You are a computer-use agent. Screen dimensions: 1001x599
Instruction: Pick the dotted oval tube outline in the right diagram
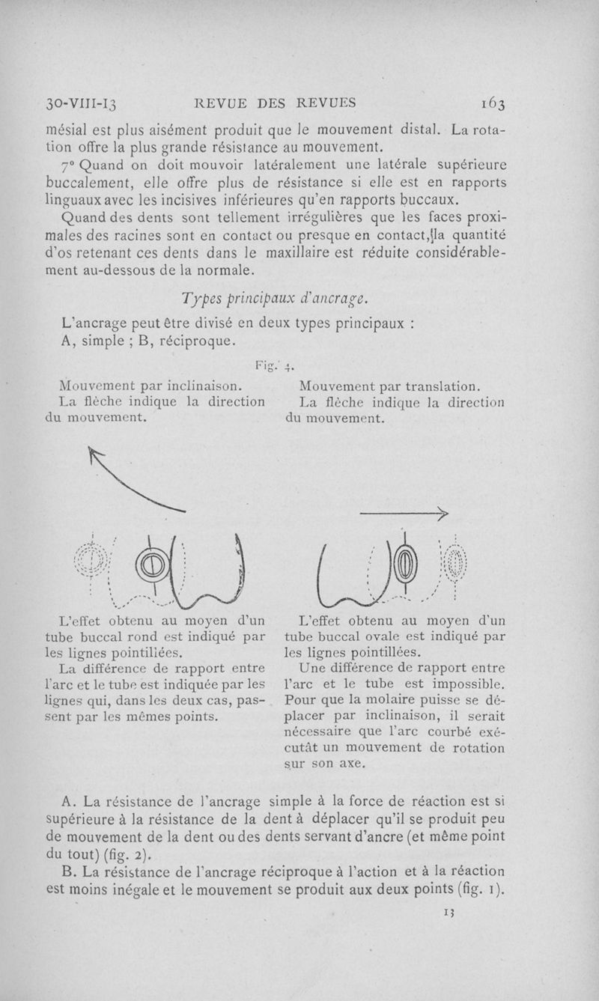pyautogui.click(x=455, y=560)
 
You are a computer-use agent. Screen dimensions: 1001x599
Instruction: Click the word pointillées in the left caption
pyautogui.click(x=147, y=653)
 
